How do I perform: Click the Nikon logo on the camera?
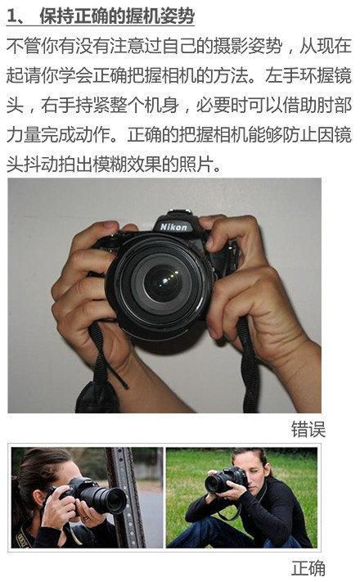(x=173, y=227)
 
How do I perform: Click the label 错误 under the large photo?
(x=308, y=430)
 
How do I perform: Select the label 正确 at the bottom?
(x=308, y=568)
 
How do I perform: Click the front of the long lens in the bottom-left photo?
(x=117, y=501)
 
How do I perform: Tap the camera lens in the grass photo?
(x=214, y=484)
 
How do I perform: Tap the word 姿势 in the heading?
(x=178, y=16)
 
